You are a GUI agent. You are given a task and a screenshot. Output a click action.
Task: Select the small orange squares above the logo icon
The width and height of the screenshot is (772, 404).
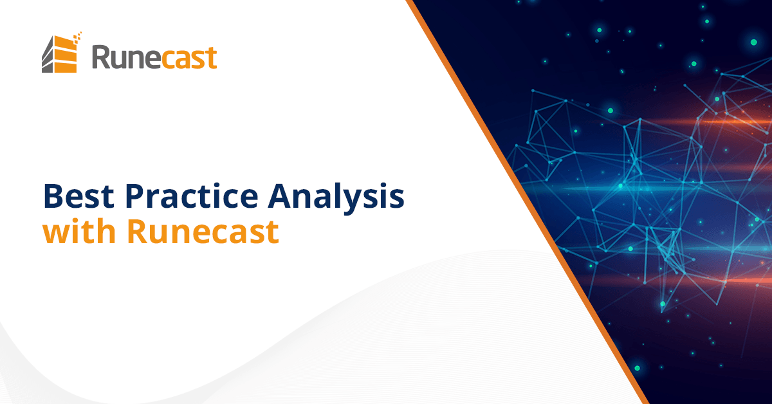[77, 35]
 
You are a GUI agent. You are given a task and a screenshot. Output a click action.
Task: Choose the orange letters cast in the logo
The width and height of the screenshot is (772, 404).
[187, 57]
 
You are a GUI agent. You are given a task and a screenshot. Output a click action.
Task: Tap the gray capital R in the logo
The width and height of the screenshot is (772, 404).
[101, 57]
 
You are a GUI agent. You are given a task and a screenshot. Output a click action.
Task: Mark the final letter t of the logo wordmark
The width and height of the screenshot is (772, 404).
[212, 57]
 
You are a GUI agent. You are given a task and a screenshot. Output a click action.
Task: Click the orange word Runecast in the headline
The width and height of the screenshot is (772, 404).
[203, 232]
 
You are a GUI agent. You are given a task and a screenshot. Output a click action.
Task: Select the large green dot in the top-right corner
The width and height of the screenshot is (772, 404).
[753, 42]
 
